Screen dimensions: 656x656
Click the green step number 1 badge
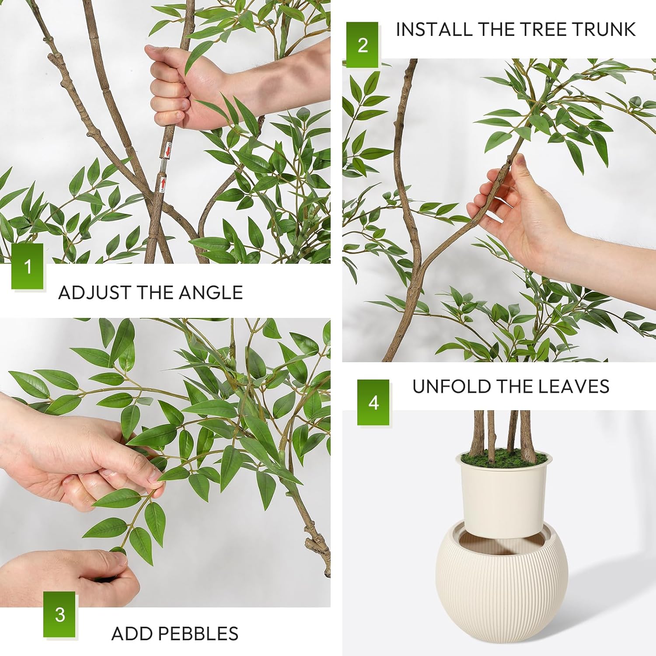coord(28,266)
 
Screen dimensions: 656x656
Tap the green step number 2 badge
coord(362,45)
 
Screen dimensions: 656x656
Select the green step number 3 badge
coord(59,614)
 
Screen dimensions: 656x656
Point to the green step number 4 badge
coord(373,402)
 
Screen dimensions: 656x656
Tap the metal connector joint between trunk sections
coord(164,166)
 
